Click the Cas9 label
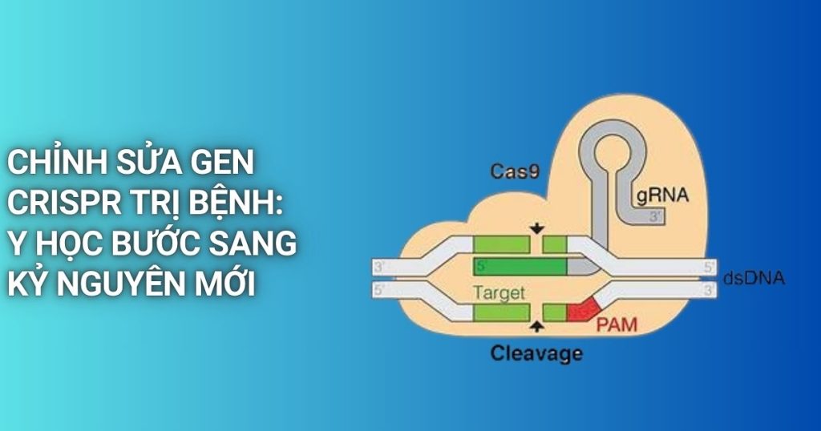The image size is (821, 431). coord(515,171)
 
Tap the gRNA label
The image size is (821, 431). coord(662,195)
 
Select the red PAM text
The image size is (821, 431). coord(617,324)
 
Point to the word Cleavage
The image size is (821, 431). coord(536,354)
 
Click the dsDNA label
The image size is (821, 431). coord(754,278)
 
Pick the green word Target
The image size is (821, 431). coord(499,293)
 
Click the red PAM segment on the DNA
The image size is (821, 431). coord(583,311)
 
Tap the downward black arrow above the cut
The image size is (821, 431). coord(536,228)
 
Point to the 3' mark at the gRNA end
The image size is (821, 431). coord(655,216)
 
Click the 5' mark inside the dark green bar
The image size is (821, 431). coord(482,266)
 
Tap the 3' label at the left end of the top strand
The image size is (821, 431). coord(379,267)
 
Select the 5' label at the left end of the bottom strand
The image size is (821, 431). coord(379,290)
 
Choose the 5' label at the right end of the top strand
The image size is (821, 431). coord(709,268)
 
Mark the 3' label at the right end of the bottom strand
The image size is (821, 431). coord(709,290)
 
